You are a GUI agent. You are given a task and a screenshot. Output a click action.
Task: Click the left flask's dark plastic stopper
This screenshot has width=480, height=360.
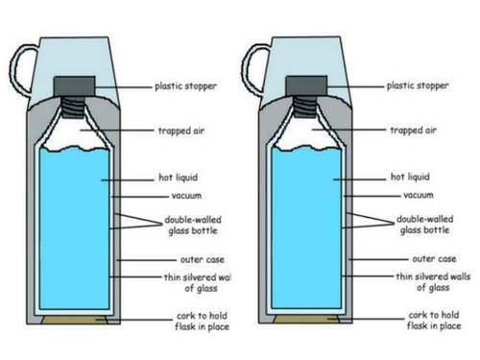point(74,85)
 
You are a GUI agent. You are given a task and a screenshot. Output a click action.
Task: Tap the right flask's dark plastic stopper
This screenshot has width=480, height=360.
point(306,85)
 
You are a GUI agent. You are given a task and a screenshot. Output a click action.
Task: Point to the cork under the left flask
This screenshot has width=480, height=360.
point(74,320)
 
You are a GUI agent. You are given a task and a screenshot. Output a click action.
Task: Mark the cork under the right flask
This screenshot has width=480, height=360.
point(306,319)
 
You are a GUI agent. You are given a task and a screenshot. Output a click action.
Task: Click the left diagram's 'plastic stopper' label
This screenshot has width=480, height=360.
point(185,86)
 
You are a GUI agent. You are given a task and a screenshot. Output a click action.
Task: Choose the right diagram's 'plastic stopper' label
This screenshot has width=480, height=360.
point(418,85)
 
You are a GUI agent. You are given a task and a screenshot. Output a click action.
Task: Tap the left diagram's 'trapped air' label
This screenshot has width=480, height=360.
point(181,131)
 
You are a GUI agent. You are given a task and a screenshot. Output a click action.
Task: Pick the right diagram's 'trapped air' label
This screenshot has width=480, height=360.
point(413,130)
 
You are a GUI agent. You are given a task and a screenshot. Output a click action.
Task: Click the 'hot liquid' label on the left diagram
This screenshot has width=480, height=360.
point(179,178)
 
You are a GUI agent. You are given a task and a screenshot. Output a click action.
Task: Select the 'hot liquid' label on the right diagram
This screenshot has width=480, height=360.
point(410,177)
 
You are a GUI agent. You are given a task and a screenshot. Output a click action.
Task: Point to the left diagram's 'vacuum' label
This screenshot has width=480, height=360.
point(186,196)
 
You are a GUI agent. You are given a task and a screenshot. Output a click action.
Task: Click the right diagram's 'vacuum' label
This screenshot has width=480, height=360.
point(419,195)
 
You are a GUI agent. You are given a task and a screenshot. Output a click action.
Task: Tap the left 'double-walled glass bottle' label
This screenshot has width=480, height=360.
point(193,225)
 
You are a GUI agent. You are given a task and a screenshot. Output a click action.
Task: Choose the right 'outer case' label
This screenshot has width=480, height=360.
point(434,258)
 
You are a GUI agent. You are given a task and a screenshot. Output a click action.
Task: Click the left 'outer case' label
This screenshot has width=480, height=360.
point(203,259)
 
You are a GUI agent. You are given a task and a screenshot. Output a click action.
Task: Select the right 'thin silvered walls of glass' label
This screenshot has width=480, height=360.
point(433,282)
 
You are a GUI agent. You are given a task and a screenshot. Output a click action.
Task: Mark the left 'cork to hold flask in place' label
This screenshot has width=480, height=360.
point(202,322)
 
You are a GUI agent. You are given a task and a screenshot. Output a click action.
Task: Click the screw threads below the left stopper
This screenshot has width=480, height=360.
point(73,107)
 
